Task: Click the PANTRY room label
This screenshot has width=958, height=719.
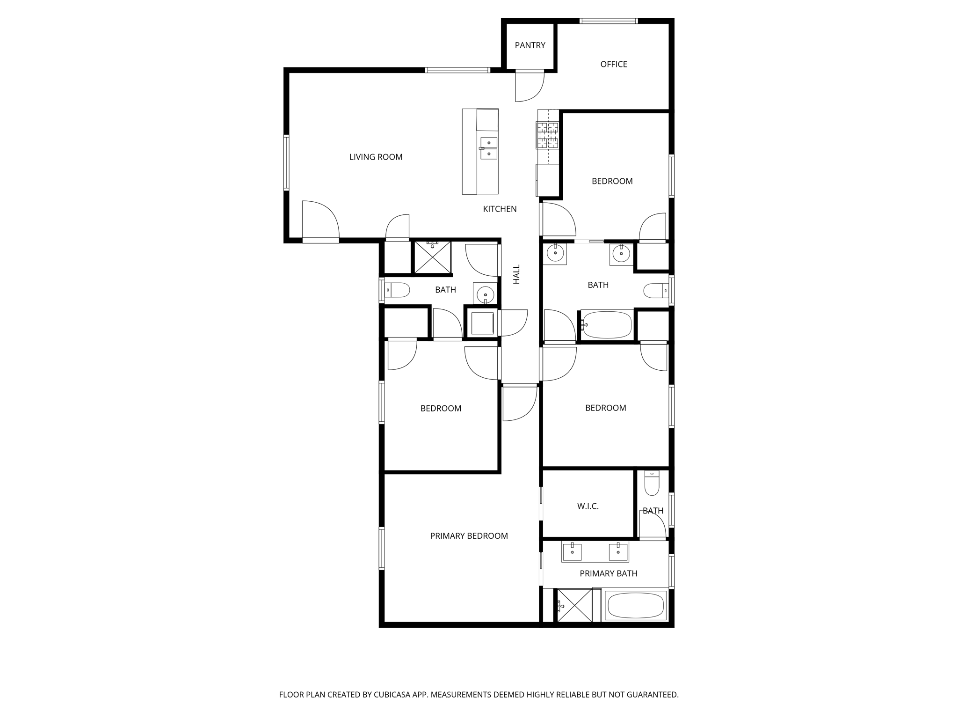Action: pyautogui.click(x=530, y=45)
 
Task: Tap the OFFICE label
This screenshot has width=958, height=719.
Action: pyautogui.click(x=614, y=64)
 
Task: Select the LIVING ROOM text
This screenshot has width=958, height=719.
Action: pyautogui.click(x=376, y=157)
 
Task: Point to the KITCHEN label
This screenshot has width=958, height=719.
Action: pyautogui.click(x=500, y=209)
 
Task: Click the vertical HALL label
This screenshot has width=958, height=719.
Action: pyautogui.click(x=516, y=274)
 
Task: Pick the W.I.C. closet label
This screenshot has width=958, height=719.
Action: pyautogui.click(x=588, y=506)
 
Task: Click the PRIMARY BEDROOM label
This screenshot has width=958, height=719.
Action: pyautogui.click(x=469, y=536)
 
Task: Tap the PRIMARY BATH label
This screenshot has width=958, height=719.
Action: pyautogui.click(x=608, y=573)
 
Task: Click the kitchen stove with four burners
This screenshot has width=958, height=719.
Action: pyautogui.click(x=547, y=135)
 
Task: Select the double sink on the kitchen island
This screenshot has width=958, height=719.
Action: pyautogui.click(x=489, y=148)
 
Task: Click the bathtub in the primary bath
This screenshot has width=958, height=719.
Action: pyautogui.click(x=635, y=606)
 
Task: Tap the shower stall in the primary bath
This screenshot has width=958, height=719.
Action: pyautogui.click(x=573, y=606)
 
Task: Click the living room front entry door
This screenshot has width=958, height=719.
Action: pyautogui.click(x=320, y=221)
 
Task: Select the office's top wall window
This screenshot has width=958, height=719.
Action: pyautogui.click(x=608, y=21)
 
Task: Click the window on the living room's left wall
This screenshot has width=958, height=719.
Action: pyautogui.click(x=286, y=162)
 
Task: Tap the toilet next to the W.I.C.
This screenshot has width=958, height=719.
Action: pyautogui.click(x=652, y=483)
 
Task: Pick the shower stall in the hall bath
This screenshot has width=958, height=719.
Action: pyautogui.click(x=433, y=257)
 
